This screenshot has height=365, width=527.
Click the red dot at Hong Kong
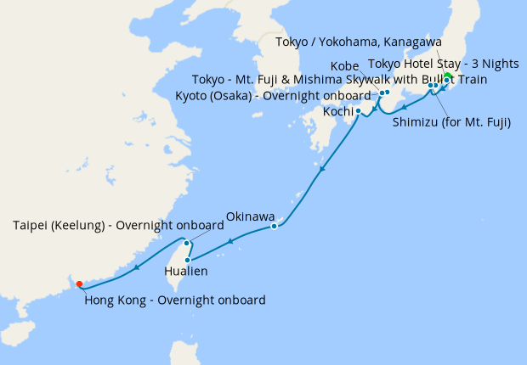pos(78,284)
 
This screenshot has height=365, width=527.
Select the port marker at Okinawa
pos(274,227)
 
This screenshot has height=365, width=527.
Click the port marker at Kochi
pos(358,110)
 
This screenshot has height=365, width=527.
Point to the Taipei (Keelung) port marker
pos(186,244)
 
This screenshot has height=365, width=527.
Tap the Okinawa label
pos(250,216)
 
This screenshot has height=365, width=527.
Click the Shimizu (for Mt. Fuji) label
pos(451,122)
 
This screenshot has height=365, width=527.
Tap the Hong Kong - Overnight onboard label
pos(174,300)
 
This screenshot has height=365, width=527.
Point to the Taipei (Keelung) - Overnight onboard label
pos(118,226)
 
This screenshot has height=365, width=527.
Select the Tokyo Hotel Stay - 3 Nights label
pos(442,63)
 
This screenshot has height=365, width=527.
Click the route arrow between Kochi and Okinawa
pos(322,172)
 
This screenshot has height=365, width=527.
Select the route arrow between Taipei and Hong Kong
pos(136,269)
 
